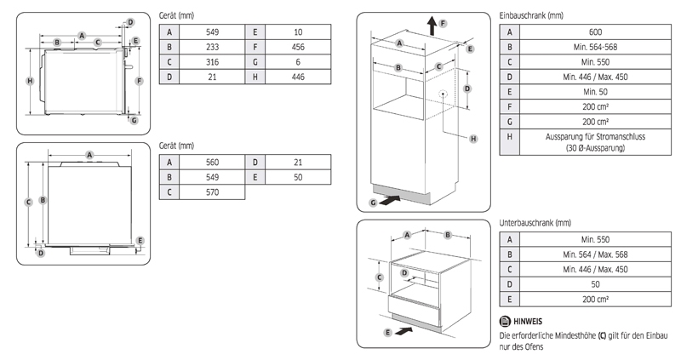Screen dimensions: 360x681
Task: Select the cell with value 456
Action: tap(297, 46)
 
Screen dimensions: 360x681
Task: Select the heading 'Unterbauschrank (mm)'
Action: tap(535, 224)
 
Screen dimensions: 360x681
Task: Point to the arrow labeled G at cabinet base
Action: tap(388, 202)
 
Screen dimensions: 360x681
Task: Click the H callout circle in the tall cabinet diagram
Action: tap(473, 138)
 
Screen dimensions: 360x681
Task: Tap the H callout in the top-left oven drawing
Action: tap(29, 81)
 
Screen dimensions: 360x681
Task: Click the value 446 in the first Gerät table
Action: tap(297, 77)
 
